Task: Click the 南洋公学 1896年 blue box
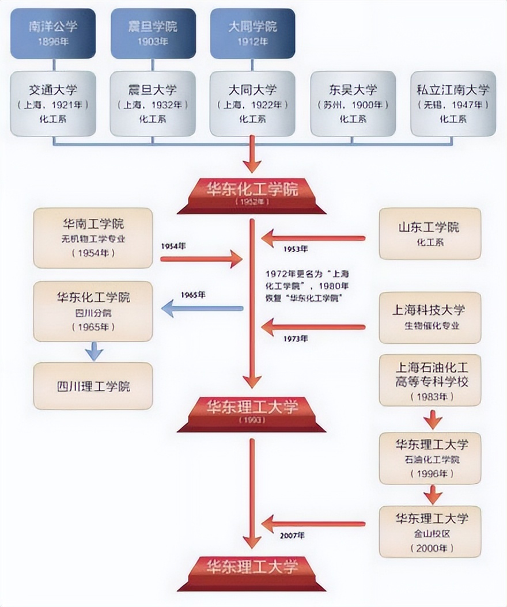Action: point(52,33)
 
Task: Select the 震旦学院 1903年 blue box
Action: point(153,33)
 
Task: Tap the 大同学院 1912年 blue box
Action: point(252,33)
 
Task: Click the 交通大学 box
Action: point(53,104)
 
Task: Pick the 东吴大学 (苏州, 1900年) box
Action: point(353,104)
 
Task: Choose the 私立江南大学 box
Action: point(453,104)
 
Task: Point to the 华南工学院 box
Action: point(93,238)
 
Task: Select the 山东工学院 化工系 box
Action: point(429,233)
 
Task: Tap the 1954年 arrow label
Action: point(173,245)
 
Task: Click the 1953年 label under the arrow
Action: point(296,249)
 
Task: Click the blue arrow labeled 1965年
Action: point(202,309)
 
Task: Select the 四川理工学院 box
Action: point(93,386)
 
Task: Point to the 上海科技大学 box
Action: point(429,317)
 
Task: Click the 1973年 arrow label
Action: point(296,339)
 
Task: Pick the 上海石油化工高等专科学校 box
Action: point(429,380)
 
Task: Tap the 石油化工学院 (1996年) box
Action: point(429,458)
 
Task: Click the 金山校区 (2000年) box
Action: point(429,531)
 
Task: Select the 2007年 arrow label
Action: point(293,536)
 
